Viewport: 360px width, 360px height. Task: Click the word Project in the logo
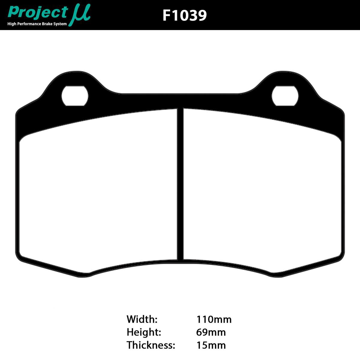(37, 12)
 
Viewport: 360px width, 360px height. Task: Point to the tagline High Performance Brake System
(37, 24)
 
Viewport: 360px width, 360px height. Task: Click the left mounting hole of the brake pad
(75, 96)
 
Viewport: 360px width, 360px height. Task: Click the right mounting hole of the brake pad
(285, 96)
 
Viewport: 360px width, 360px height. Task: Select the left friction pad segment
(99, 192)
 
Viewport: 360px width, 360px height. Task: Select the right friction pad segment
(261, 192)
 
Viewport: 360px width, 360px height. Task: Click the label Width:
(142, 319)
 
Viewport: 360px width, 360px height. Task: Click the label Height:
(144, 332)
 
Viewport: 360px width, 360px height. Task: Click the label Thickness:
(151, 345)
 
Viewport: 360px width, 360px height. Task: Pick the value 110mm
(214, 319)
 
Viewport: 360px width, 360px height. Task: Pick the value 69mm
(211, 332)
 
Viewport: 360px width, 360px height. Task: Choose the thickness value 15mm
(211, 345)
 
